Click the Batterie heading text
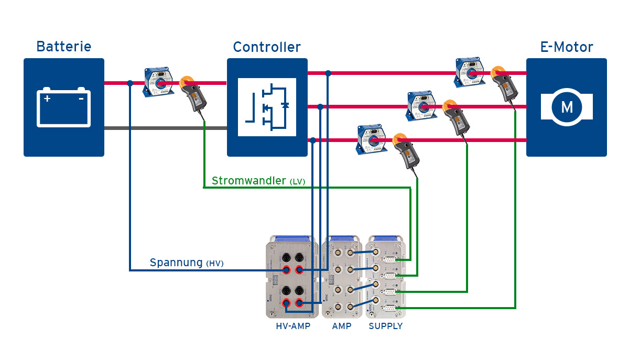tap(63, 47)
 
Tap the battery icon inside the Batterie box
tap(63, 107)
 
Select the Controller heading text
tap(267, 47)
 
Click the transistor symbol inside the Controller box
tap(267, 107)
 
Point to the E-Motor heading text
tap(567, 47)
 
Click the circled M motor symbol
tap(567, 107)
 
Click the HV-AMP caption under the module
tap(293, 326)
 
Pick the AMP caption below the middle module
tap(342, 326)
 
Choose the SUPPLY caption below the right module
tap(385, 326)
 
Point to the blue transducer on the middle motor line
tap(424, 105)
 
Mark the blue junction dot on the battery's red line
tap(129, 83)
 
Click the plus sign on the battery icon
tap(47, 98)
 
